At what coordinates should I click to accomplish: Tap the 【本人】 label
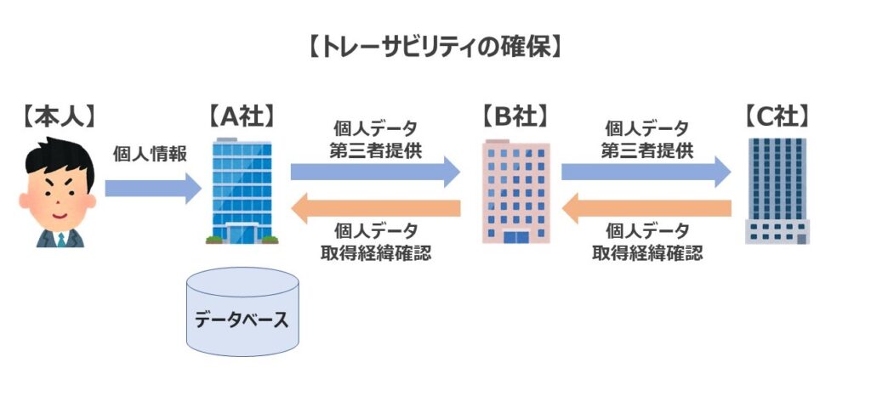click(x=58, y=116)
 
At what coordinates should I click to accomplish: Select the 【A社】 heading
click(x=242, y=116)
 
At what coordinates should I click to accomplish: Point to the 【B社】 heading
click(x=515, y=116)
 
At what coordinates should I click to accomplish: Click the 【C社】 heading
click(x=776, y=116)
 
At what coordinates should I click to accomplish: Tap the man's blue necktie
click(x=62, y=238)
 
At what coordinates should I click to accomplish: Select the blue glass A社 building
click(x=241, y=191)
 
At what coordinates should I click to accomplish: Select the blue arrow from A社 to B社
click(x=375, y=172)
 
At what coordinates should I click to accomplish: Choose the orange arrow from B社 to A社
click(x=375, y=207)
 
